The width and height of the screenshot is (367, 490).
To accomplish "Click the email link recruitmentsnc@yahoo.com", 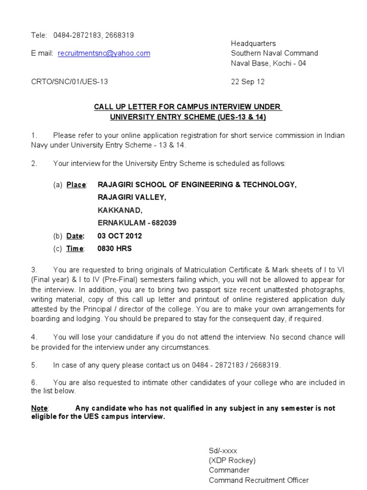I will click(104, 54).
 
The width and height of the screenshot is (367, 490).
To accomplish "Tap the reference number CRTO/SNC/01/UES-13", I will click(69, 81).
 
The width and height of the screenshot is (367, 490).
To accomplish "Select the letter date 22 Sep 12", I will click(248, 81).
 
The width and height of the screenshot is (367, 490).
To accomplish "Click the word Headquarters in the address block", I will click(253, 44).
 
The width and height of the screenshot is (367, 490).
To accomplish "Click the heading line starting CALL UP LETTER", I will click(188, 107).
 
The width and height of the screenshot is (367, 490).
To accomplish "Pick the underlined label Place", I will click(76, 185).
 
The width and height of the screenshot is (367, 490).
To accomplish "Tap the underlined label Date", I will click(75, 236).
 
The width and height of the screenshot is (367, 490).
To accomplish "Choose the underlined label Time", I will click(75, 248).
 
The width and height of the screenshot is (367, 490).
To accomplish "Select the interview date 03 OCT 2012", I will click(119, 236).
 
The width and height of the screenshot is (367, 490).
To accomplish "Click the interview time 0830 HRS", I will click(115, 248).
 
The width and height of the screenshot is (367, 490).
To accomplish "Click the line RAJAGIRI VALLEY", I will click(132, 197).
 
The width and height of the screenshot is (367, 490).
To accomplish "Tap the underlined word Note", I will click(39, 408).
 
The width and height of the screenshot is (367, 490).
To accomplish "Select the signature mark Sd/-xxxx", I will click(223, 451).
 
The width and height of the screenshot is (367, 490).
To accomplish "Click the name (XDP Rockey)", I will click(232, 460).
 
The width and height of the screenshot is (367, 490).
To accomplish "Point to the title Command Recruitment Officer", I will click(259, 480).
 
